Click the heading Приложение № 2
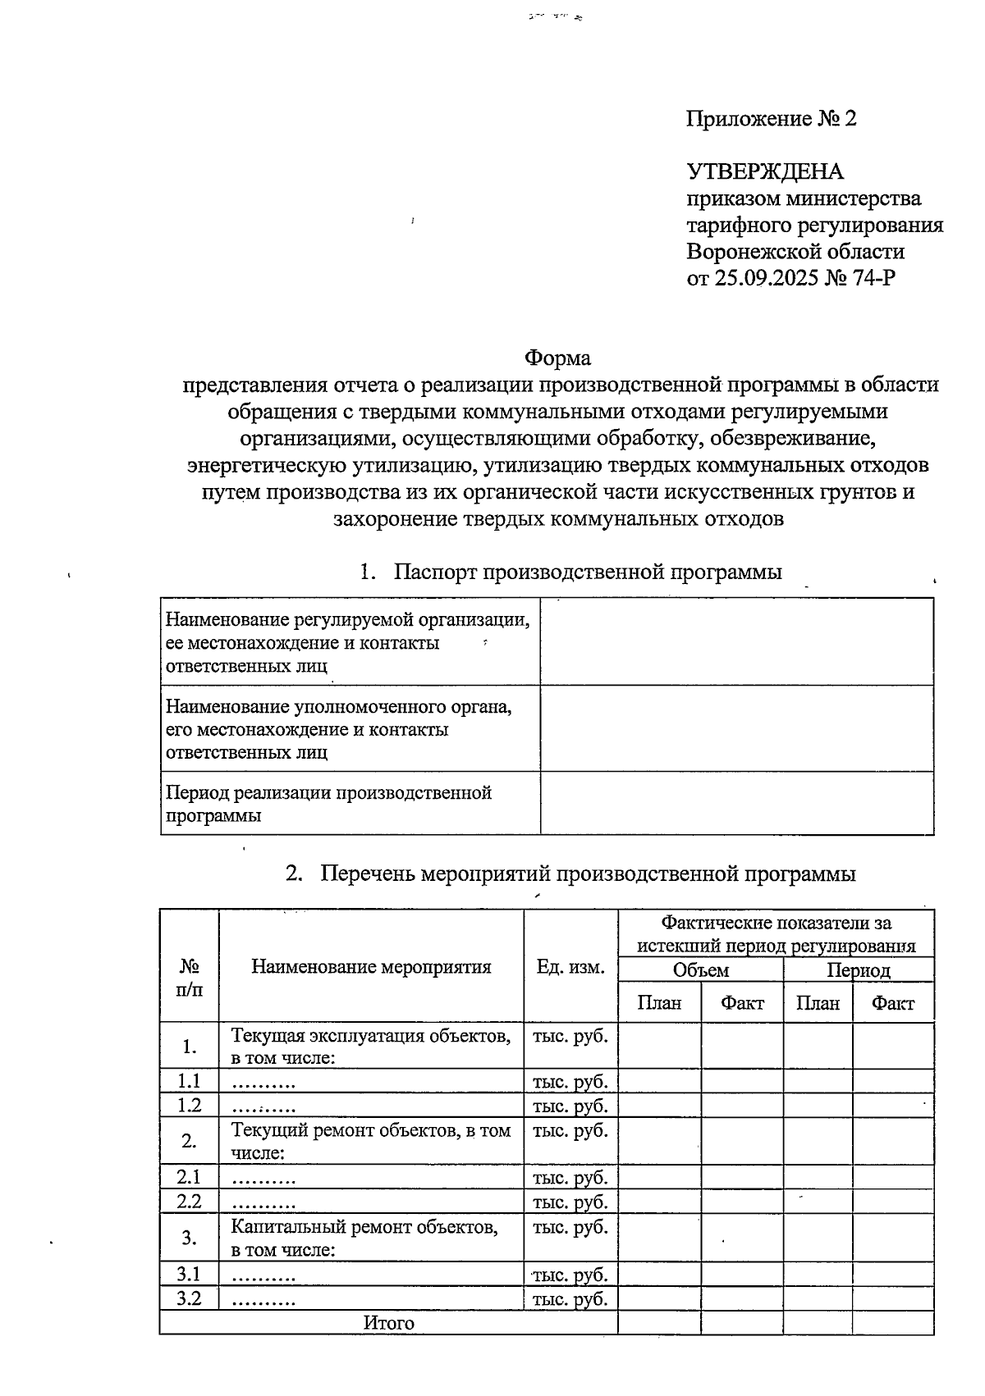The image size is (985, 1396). (771, 120)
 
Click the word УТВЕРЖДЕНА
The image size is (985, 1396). (765, 172)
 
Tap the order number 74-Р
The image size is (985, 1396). (873, 278)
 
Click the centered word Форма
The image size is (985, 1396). (557, 358)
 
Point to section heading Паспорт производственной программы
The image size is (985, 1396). (587, 572)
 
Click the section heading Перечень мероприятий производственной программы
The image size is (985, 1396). (587, 874)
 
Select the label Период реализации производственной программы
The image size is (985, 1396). (328, 804)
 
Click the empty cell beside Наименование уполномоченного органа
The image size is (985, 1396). (736, 728)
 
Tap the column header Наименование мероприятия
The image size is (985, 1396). (371, 967)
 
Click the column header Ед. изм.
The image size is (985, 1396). (570, 967)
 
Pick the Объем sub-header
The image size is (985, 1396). (700, 970)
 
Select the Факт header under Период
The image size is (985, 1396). (892, 1003)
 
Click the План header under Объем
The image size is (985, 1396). (659, 1003)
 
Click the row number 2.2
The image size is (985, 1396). (189, 1202)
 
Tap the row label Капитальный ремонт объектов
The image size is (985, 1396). (364, 1227)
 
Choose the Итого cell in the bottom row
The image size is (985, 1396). (388, 1323)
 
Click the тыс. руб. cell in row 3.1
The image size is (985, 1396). (570, 1275)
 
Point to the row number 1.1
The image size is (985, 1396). (189, 1081)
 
